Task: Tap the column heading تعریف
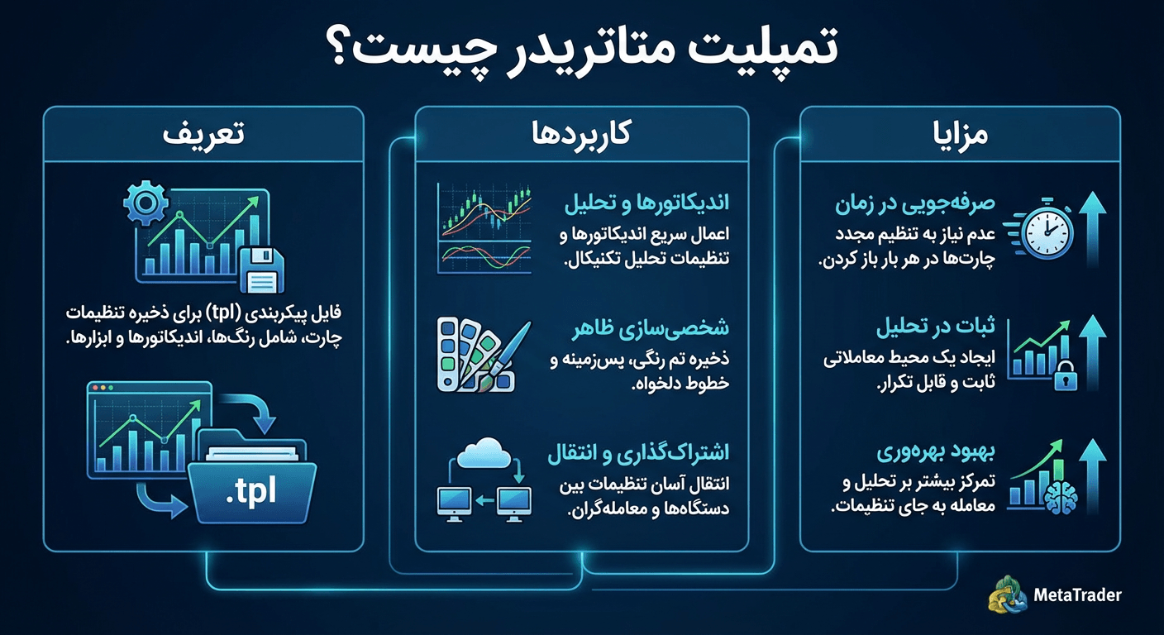pos(203,134)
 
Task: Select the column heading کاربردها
pos(582,134)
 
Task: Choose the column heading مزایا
pos(961,134)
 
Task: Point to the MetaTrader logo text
pos(1077,594)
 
